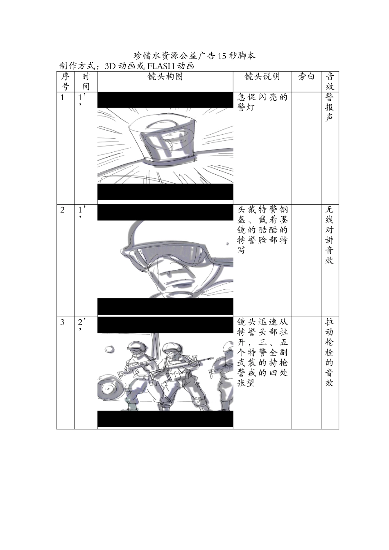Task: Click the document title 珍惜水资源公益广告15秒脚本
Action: pos(194,56)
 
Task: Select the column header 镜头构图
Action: pos(165,77)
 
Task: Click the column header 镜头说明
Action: pos(262,77)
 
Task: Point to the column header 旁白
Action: pos(306,77)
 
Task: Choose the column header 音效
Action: pos(330,81)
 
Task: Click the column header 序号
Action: pos(65,81)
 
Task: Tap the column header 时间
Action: pos(86,81)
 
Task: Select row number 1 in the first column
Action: pos(62,97)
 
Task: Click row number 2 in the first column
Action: pos(62,210)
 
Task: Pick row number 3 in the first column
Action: pos(62,322)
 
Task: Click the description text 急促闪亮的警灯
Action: pos(262,102)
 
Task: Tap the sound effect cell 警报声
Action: pos(330,107)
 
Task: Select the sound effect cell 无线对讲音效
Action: pos(330,235)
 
